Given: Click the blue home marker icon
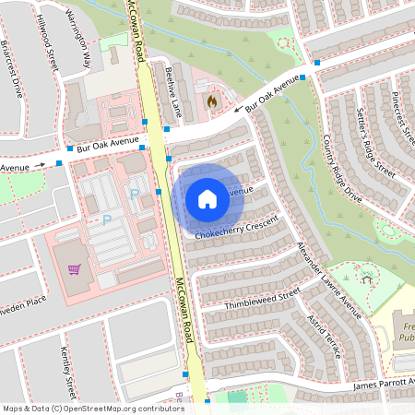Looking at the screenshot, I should point(207,199).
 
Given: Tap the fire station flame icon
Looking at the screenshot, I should point(211,101).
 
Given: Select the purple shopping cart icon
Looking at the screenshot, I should point(73,270).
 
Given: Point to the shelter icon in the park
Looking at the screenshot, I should point(367,278).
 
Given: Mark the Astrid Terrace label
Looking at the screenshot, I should point(331,335).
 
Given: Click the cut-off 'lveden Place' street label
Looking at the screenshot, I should point(23,301).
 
